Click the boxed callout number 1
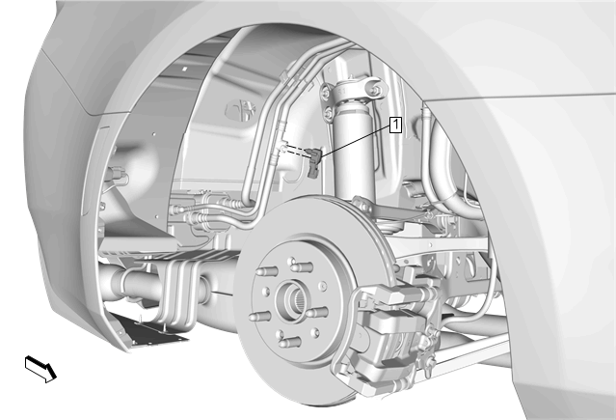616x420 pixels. coord(395,125)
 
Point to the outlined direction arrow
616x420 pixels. coord(40,369)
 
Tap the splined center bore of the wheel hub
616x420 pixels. coord(293,299)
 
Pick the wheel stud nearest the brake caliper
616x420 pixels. coord(316,313)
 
